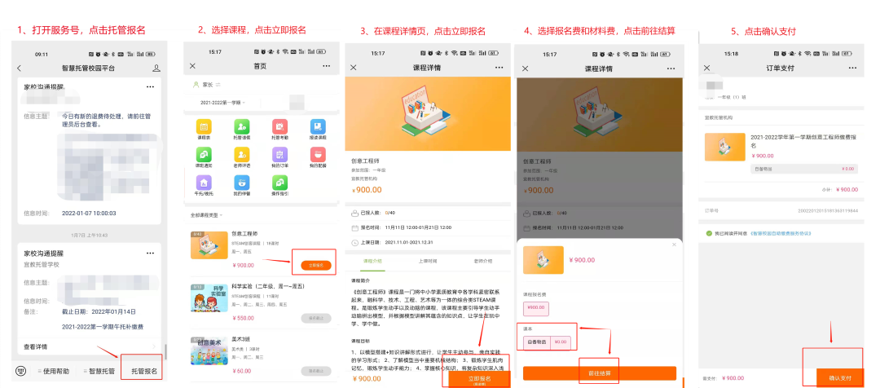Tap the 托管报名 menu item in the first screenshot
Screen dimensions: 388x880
[x=144, y=371]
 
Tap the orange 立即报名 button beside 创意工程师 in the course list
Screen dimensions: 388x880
[x=315, y=265]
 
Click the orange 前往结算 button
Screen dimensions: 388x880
[x=599, y=373]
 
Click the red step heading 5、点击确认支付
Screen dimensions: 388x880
[x=763, y=31]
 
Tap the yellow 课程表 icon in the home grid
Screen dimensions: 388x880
[x=204, y=128]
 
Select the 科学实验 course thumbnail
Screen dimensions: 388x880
[x=208, y=299]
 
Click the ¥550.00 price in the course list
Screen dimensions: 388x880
[x=244, y=318]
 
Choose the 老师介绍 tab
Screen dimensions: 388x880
[x=482, y=261]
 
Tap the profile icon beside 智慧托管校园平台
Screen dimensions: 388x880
[x=156, y=67]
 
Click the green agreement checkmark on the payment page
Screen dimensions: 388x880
[x=708, y=233]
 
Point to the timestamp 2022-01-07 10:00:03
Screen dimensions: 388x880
[x=90, y=213]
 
